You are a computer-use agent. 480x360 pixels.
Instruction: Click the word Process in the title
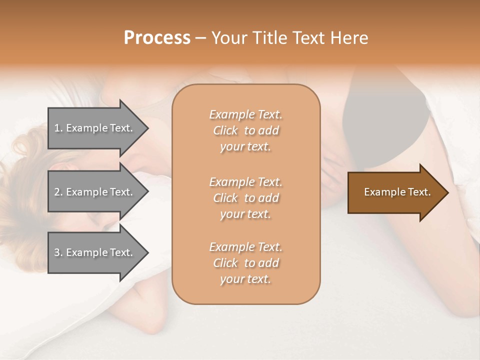[x=157, y=38]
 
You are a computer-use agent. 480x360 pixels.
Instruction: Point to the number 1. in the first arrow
[x=58, y=128]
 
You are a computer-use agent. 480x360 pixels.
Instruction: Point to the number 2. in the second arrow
[x=58, y=192]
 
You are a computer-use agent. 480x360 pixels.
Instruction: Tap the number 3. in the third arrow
[x=58, y=252]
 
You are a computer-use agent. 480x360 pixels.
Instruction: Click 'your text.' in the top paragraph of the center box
[x=245, y=147]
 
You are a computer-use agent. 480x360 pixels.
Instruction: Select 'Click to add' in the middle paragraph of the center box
[x=245, y=198]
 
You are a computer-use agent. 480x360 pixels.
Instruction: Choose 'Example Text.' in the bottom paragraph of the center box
[x=245, y=247]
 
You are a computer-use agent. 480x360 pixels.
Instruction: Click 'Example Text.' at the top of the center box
[x=245, y=114]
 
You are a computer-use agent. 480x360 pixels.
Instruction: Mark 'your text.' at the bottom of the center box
[x=245, y=279]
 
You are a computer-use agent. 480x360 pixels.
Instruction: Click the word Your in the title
[x=231, y=38]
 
